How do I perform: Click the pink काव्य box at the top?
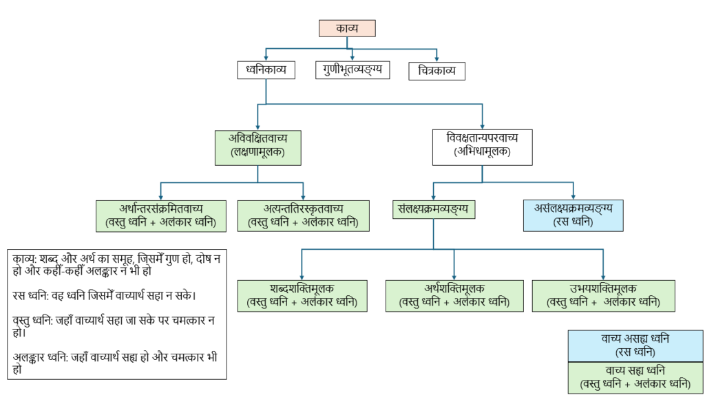(x=347, y=28)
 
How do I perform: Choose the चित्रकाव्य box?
(x=436, y=70)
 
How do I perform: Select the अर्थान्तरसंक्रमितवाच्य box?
(x=160, y=215)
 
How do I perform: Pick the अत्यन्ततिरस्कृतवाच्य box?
(x=303, y=215)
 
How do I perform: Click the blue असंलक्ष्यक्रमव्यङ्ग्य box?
(x=574, y=215)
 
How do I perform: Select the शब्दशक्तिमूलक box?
(x=302, y=295)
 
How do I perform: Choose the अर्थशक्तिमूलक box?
(x=454, y=295)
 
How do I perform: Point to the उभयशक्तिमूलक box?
(x=603, y=295)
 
